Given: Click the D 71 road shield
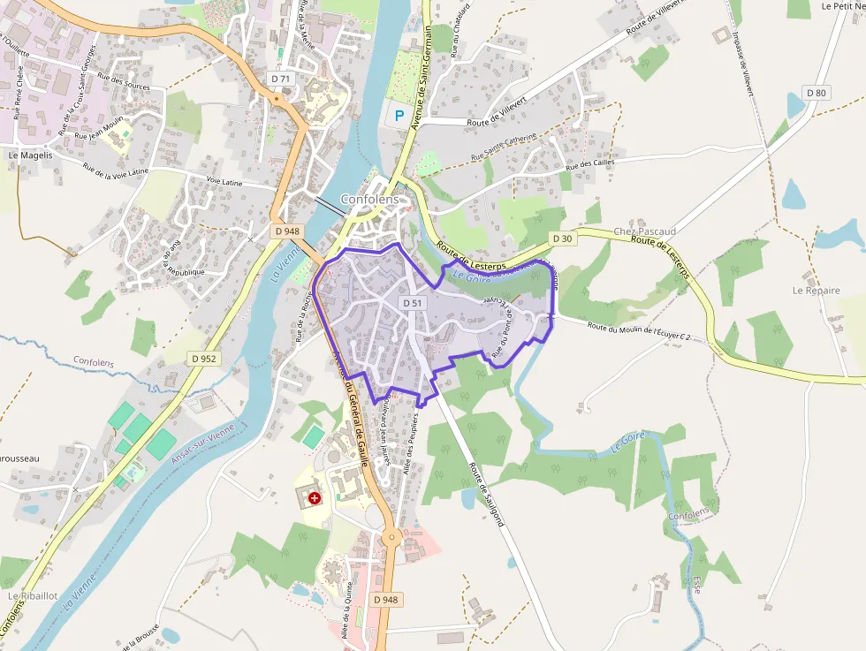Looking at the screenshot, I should (281, 79).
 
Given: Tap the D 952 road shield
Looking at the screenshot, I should (203, 359).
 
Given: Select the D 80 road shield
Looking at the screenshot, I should (817, 93).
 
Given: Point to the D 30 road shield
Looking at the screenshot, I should (562, 238).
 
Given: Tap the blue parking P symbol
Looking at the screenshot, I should (399, 115).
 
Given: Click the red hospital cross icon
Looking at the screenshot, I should (315, 498).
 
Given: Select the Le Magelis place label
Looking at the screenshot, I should (30, 155).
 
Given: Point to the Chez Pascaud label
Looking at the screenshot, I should (644, 231).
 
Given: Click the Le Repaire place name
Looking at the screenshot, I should (816, 290).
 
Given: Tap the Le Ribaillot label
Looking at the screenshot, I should (33, 595).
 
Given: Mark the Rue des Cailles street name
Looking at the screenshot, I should (590, 165).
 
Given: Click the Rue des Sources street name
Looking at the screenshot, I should (124, 82).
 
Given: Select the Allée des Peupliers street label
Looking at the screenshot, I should (411, 445).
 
